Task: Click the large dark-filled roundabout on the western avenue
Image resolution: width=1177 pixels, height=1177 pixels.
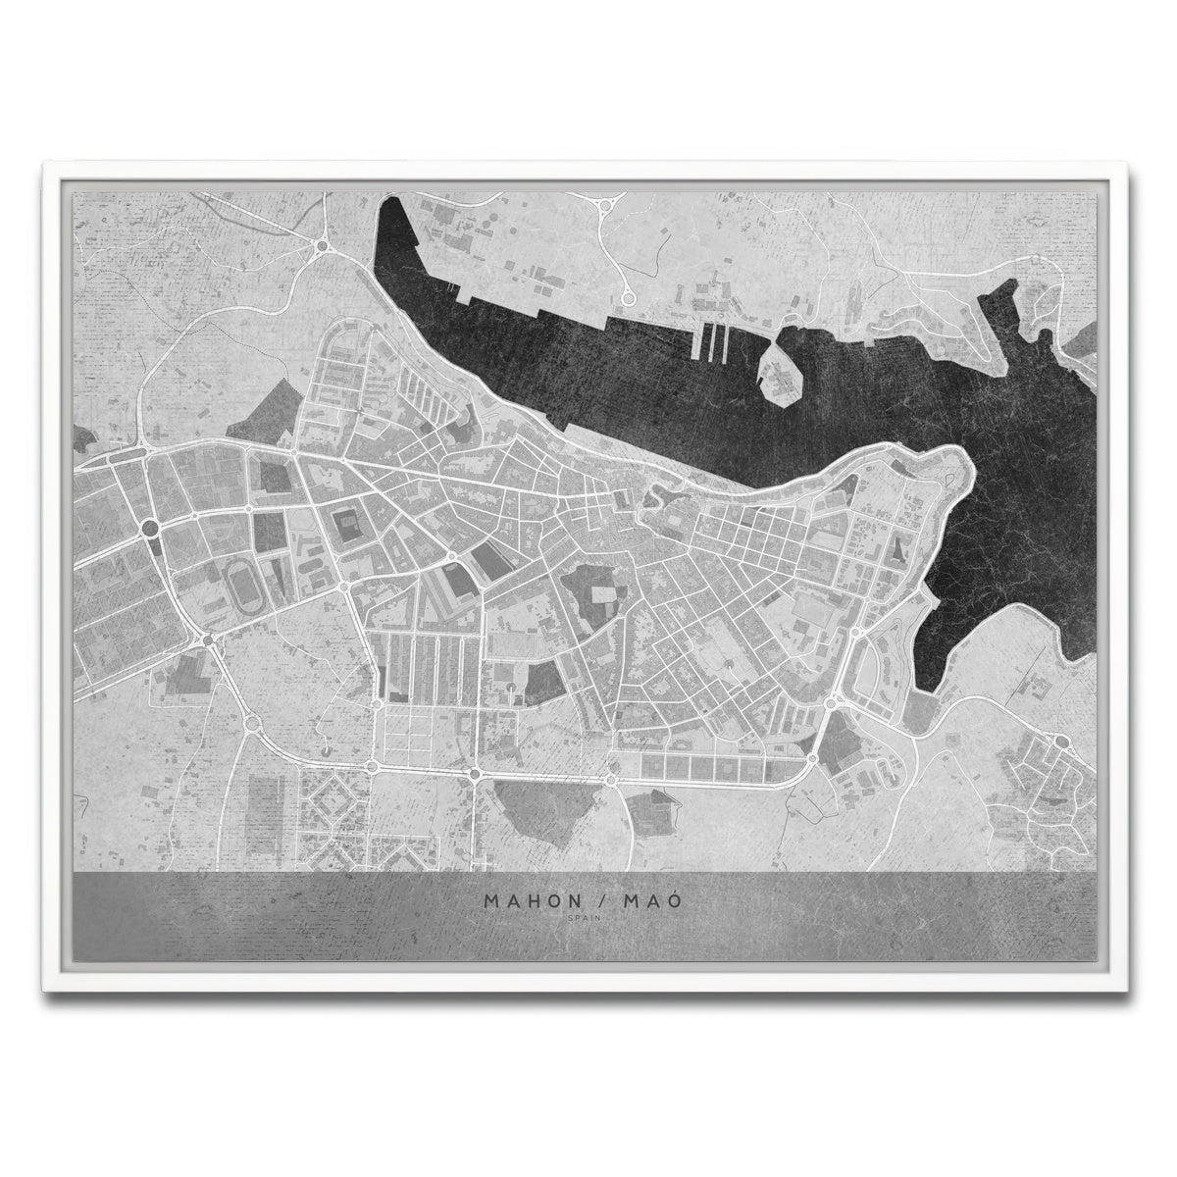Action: click(x=150, y=529)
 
